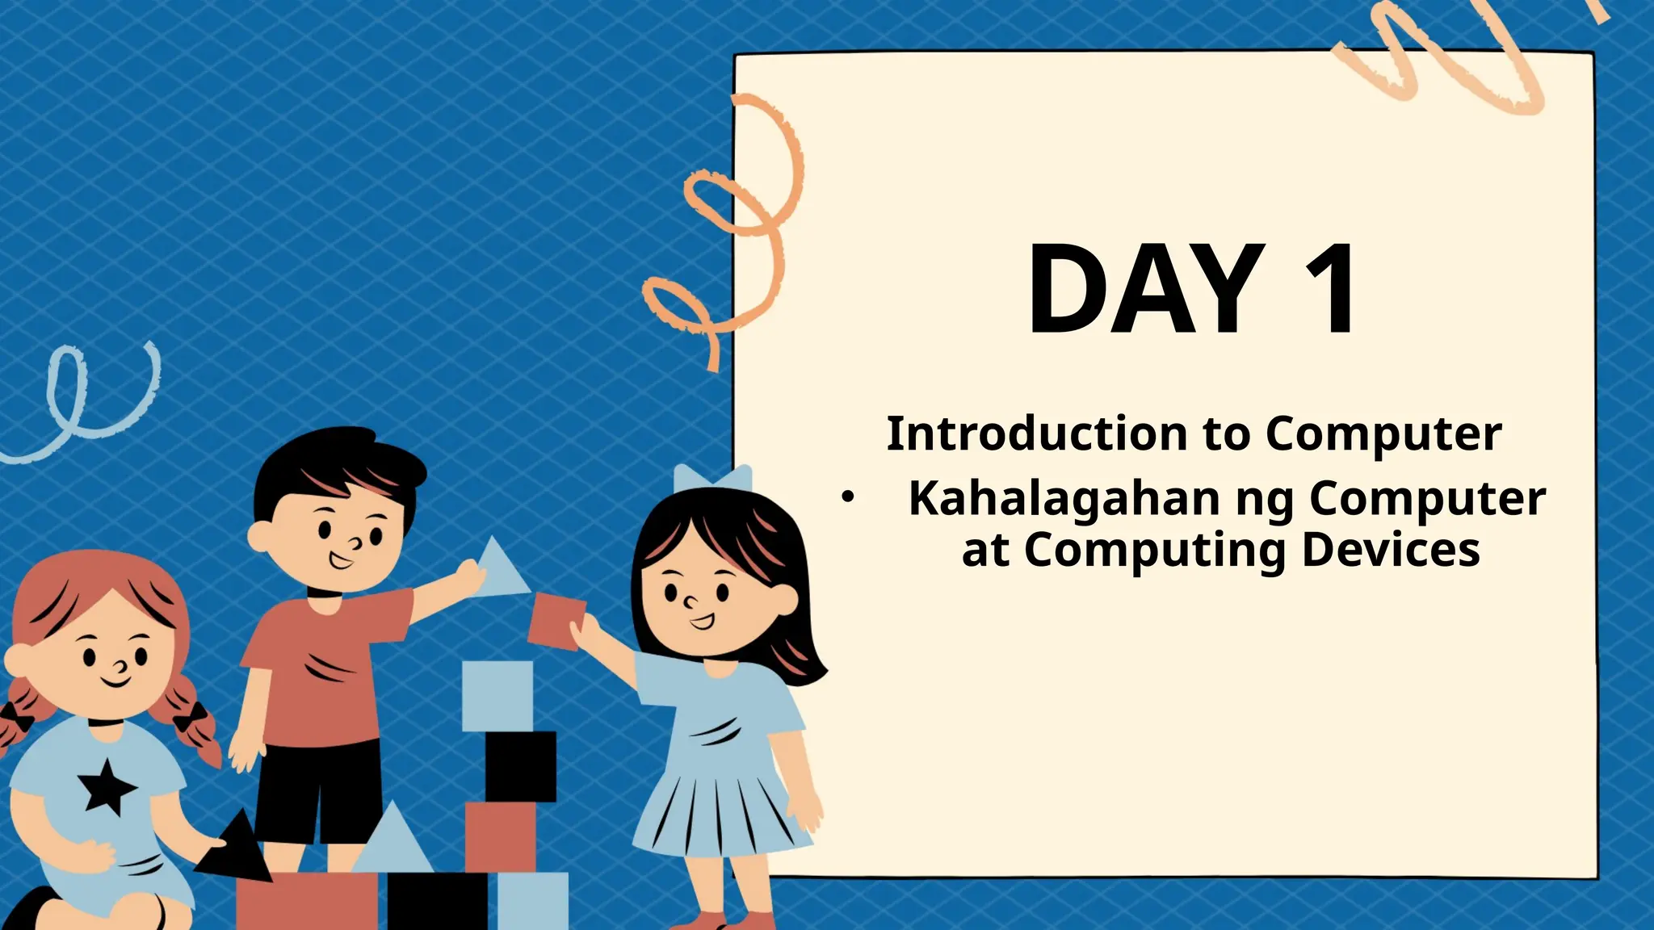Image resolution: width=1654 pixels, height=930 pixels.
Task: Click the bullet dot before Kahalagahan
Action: pos(846,498)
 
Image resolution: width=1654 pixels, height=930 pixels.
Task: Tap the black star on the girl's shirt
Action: pos(106,785)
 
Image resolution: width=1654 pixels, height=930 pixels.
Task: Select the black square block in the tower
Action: pos(520,765)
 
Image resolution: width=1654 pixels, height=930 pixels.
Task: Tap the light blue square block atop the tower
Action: pos(497,695)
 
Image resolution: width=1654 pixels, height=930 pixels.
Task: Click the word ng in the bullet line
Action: pos(1265,501)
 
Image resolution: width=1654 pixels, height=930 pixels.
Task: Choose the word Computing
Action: pos(1155,551)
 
